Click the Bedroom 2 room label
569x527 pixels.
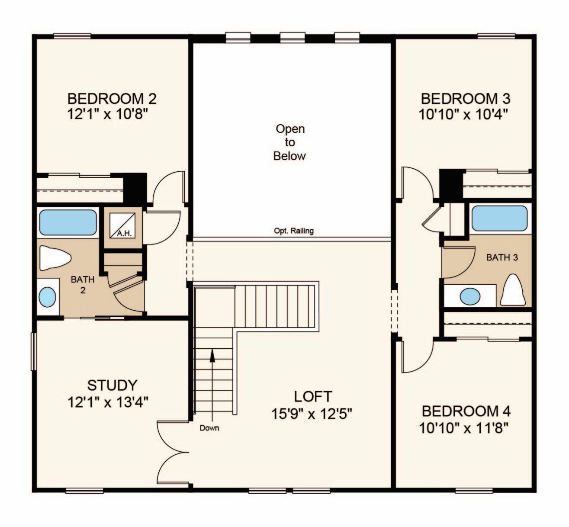[x=112, y=99]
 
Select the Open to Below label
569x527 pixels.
[x=289, y=142]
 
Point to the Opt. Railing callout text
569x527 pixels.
[x=294, y=231]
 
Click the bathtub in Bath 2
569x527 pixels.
[x=68, y=222]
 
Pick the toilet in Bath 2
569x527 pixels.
[x=55, y=258]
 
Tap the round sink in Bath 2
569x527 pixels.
[x=47, y=297]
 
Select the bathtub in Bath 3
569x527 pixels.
[x=500, y=219]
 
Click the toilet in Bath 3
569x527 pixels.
[x=513, y=290]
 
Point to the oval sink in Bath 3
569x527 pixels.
[x=470, y=296]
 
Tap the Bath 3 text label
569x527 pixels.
[x=502, y=257]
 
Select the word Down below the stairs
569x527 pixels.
[x=209, y=428]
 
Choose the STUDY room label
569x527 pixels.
[x=113, y=386]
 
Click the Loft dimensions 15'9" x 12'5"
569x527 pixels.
[x=312, y=414]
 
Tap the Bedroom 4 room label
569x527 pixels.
[x=466, y=411]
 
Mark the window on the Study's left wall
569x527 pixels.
[x=34, y=351]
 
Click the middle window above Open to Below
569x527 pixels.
[x=293, y=38]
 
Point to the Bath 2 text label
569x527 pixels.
[x=83, y=285]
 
